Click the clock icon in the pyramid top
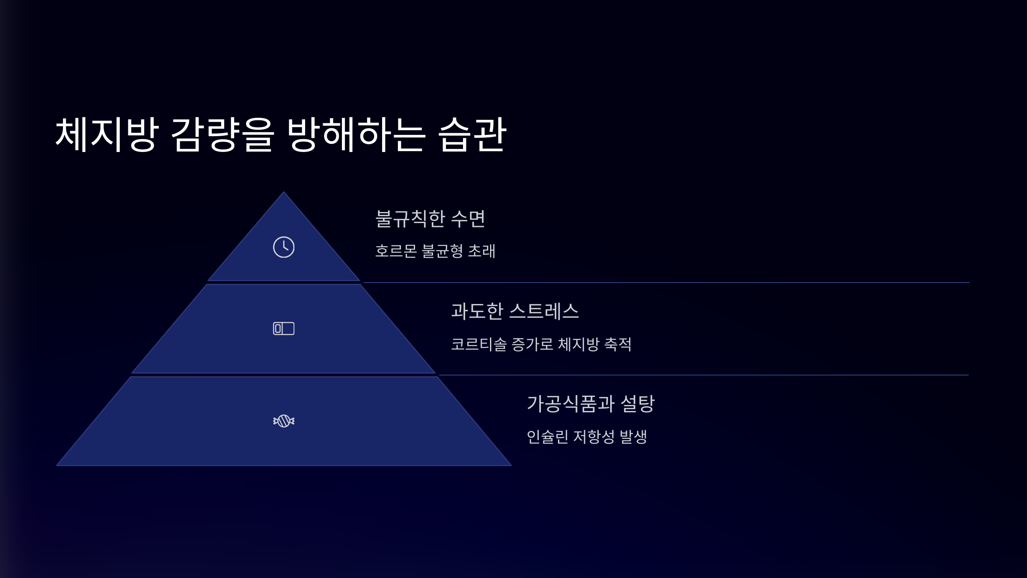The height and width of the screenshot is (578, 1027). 284,247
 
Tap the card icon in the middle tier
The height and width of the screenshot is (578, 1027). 284,328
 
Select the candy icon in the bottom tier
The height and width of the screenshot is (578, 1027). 284,421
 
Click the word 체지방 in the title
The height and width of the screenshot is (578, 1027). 107,134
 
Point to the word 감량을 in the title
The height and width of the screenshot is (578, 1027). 223,134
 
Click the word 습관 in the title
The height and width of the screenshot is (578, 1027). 472,134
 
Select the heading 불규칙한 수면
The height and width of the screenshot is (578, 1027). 430,219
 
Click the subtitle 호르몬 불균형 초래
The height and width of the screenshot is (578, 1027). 435,251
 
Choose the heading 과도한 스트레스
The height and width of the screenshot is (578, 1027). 515,311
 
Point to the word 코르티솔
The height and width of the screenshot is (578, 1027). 479,344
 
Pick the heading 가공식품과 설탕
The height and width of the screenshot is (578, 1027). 591,404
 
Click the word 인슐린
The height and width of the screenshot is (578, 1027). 547,437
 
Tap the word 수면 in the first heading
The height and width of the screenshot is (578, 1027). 468,219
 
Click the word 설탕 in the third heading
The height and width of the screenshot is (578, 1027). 638,404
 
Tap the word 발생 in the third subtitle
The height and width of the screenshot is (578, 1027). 633,437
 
